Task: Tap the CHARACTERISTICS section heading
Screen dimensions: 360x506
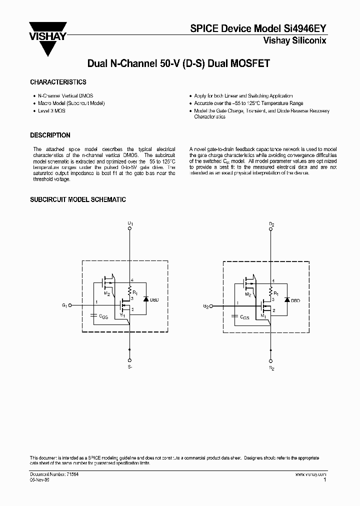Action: [58, 82]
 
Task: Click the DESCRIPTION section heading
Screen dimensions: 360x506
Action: [50, 135]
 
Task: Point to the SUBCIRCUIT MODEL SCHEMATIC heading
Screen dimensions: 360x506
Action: [78, 199]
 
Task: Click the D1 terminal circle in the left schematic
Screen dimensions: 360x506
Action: [130, 227]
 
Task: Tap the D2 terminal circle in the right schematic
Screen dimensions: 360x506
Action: [271, 227]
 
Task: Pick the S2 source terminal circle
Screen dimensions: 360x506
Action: [271, 360]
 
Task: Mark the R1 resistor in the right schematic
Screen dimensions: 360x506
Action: [271, 291]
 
